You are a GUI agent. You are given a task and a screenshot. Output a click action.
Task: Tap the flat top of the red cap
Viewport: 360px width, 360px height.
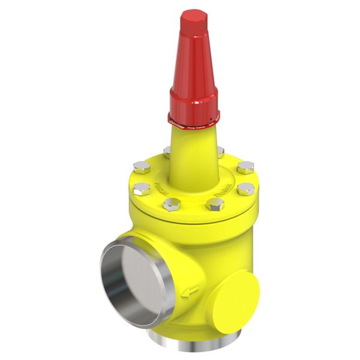[x=194, y=19]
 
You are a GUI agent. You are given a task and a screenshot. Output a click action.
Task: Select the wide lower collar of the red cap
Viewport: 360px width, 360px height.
[x=194, y=102]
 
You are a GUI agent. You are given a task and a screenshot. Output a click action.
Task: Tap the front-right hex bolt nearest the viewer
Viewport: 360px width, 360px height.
[x=215, y=204]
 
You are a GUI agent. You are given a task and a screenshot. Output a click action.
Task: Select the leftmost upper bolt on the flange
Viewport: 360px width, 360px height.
[x=142, y=166]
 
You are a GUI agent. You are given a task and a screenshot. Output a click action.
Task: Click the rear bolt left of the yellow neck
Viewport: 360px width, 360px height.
[x=167, y=151]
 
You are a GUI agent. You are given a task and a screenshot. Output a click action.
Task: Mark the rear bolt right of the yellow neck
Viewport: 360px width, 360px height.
[x=220, y=151]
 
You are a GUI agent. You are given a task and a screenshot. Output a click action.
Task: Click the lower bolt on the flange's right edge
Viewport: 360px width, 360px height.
[x=245, y=189]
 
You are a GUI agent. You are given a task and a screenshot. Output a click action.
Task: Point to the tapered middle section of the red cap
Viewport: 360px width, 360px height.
[x=194, y=60]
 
